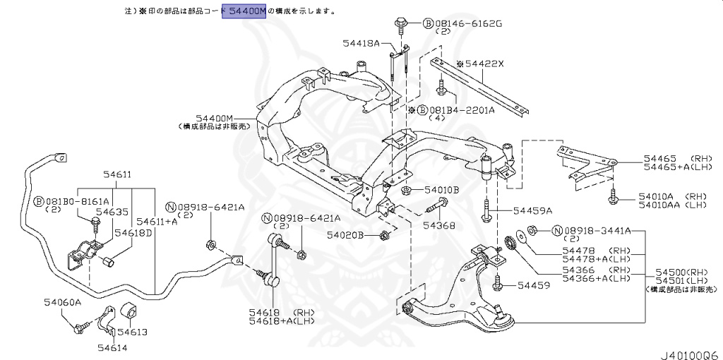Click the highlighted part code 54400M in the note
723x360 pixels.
click(244, 11)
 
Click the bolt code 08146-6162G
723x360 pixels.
click(467, 23)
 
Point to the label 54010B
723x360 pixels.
click(441, 190)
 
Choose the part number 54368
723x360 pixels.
click(438, 226)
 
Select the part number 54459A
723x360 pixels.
click(532, 210)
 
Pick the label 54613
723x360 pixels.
click(132, 332)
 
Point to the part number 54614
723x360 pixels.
click(112, 347)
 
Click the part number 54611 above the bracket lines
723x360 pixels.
click(117, 174)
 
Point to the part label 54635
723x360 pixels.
click(112, 211)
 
